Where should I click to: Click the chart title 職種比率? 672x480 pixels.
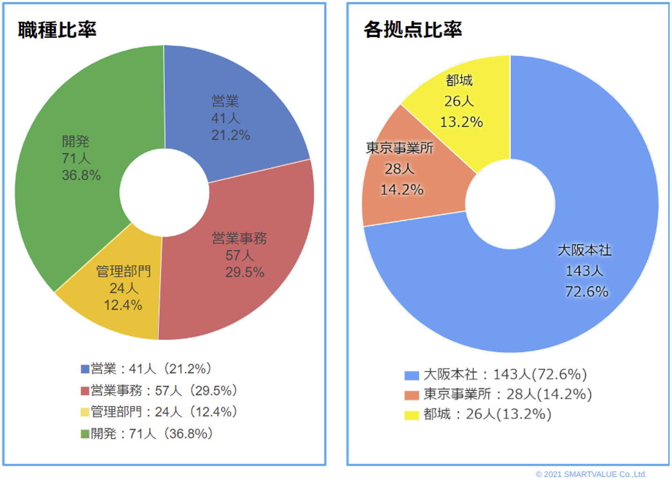click(x=57, y=29)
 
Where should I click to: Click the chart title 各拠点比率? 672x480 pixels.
click(x=413, y=29)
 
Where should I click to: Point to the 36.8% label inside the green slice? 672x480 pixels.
click(x=81, y=176)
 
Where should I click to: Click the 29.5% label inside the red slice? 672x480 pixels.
click(x=245, y=272)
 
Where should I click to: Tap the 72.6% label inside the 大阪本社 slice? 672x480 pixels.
click(x=587, y=292)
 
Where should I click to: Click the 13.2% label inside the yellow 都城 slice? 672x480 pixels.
click(x=461, y=122)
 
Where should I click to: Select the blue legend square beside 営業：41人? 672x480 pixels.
click(x=85, y=369)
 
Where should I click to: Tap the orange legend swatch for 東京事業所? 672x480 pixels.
click(x=412, y=395)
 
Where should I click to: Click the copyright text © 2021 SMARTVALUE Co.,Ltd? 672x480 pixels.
click(x=591, y=474)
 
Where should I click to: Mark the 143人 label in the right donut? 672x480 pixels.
click(x=584, y=271)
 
